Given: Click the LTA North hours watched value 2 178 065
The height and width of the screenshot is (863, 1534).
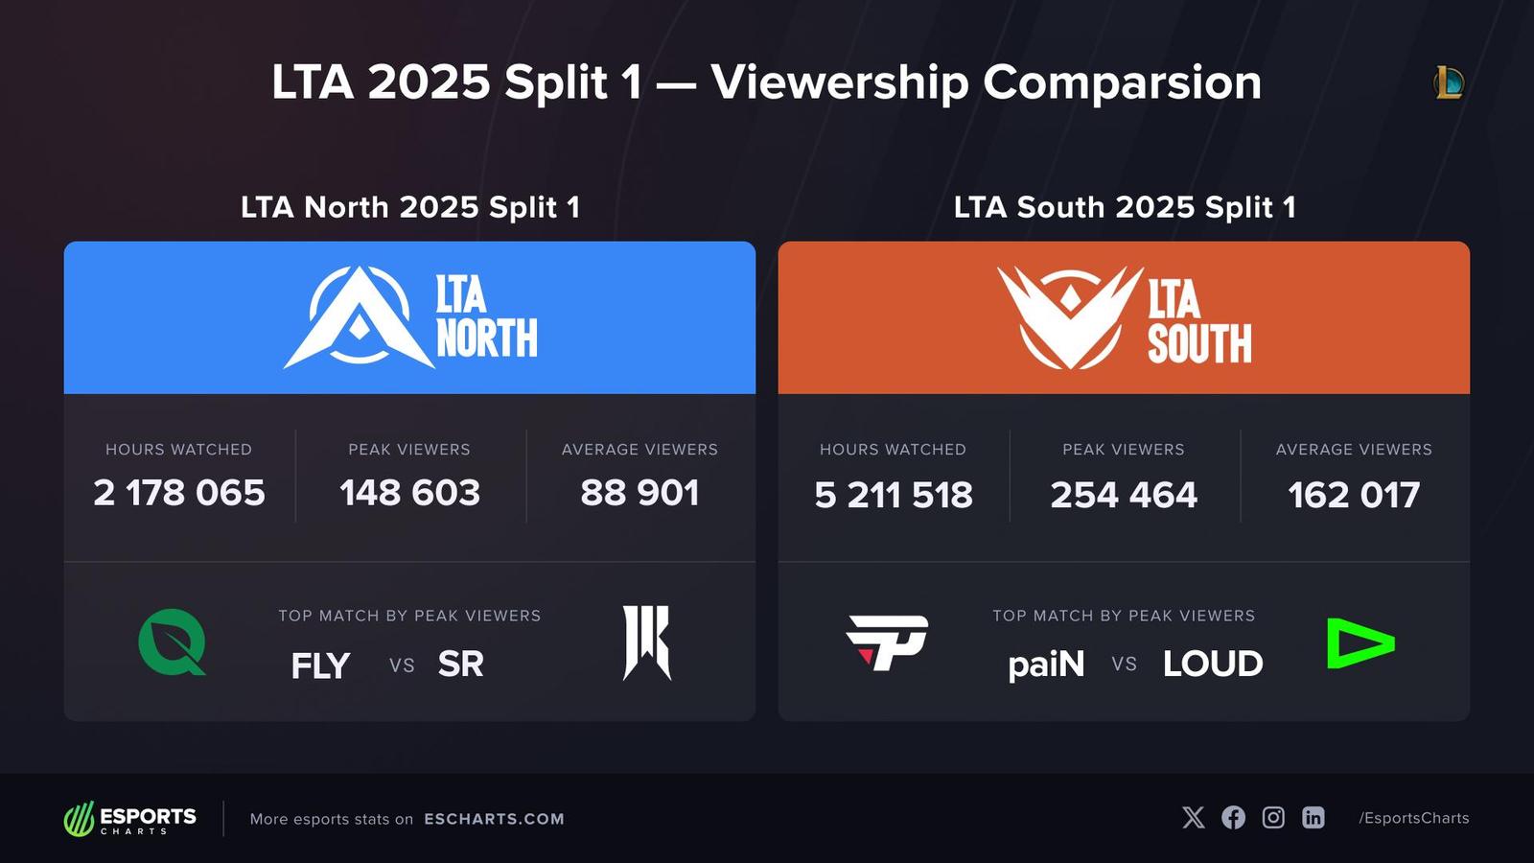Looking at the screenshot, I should click(x=179, y=493).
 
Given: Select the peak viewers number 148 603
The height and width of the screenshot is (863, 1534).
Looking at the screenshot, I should click(x=409, y=493).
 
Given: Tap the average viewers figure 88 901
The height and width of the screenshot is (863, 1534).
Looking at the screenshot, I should click(x=639, y=493).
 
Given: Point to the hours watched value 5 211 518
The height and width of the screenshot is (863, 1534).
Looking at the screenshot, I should click(x=894, y=495).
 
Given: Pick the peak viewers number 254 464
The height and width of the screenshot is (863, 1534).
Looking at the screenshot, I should click(x=1124, y=495).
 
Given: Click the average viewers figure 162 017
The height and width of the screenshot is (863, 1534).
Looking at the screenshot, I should click(x=1354, y=495).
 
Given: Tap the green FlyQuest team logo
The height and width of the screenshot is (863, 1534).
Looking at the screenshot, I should click(x=173, y=642).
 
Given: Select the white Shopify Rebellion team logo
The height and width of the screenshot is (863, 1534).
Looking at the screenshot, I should click(x=647, y=642).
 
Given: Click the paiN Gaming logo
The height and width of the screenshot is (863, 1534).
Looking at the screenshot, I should click(x=887, y=642).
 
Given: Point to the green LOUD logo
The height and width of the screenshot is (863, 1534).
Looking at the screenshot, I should click(x=1360, y=642).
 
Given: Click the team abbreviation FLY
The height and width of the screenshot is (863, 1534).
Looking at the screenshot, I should click(x=320, y=665).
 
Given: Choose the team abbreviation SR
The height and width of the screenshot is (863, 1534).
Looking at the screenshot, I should click(x=460, y=665).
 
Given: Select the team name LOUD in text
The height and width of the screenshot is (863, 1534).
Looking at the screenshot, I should click(x=1213, y=665).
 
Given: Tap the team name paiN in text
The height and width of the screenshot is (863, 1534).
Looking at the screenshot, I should click(x=1046, y=665).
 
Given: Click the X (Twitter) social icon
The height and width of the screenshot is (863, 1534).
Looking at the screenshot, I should click(x=1194, y=817).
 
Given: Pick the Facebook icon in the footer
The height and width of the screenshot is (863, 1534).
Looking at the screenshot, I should click(x=1234, y=817).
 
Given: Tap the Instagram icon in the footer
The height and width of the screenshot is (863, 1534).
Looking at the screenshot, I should click(x=1273, y=817).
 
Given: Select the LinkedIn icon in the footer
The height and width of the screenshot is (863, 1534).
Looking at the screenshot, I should click(x=1313, y=817).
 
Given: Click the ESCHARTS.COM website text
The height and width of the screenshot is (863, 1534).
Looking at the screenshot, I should click(x=494, y=819).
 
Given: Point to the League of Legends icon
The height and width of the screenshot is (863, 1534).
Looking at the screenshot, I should click(x=1449, y=83).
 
